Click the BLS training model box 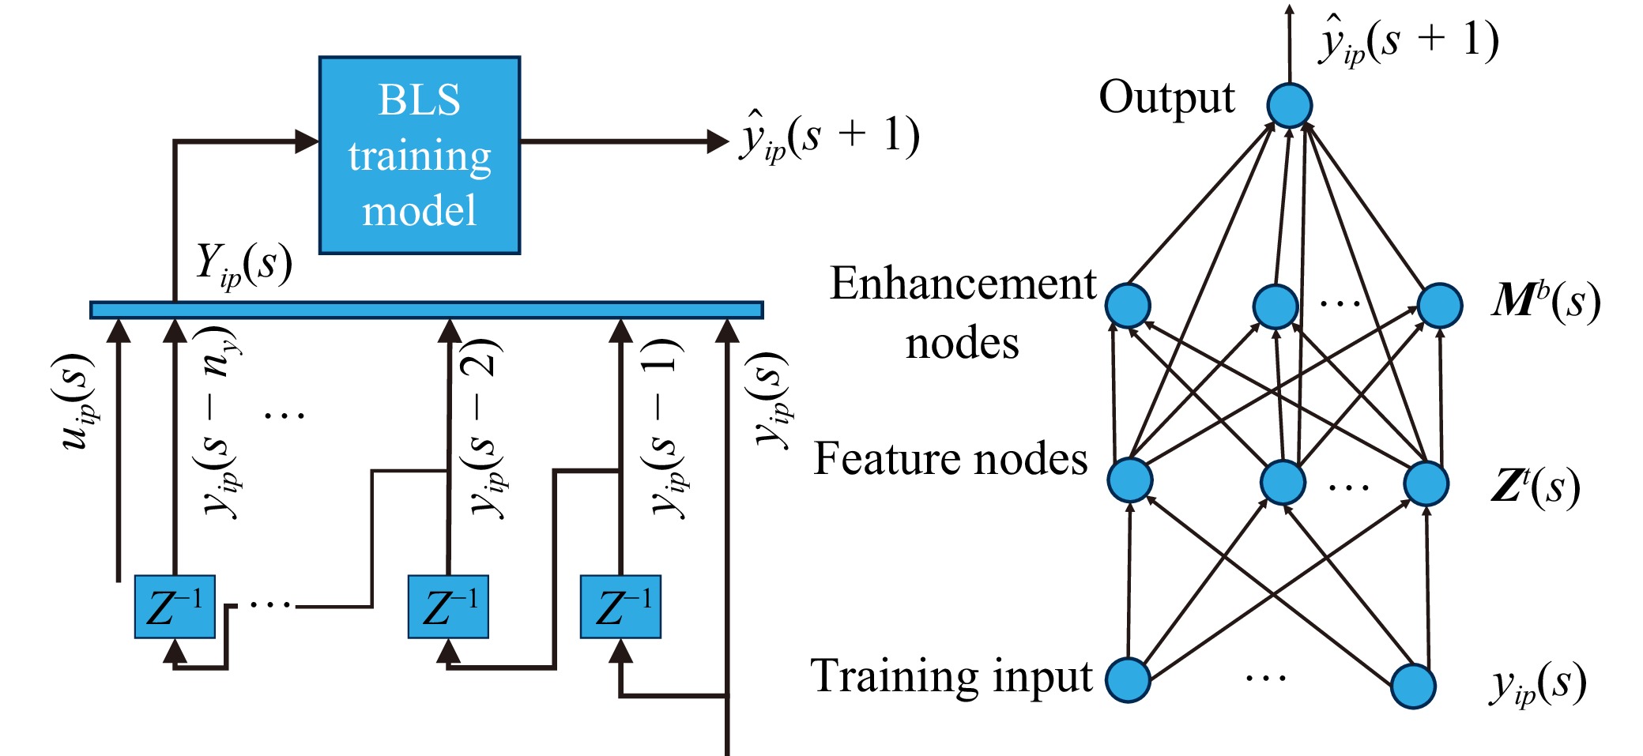click(x=419, y=155)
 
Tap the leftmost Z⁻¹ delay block click(x=175, y=607)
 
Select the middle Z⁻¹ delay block click(x=448, y=607)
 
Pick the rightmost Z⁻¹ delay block click(x=620, y=607)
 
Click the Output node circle click(x=1289, y=105)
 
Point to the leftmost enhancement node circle click(x=1128, y=306)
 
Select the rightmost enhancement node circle click(x=1439, y=306)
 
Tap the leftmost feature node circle click(x=1129, y=480)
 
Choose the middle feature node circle click(x=1283, y=482)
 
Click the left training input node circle click(x=1128, y=679)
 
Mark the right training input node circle click(x=1412, y=686)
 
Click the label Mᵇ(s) click(x=1546, y=301)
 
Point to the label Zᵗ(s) click(x=1535, y=486)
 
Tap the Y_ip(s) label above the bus click(x=243, y=265)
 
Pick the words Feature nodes click(x=950, y=459)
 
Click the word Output click(x=1166, y=98)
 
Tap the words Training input click(x=951, y=676)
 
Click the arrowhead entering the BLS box click(x=307, y=142)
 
